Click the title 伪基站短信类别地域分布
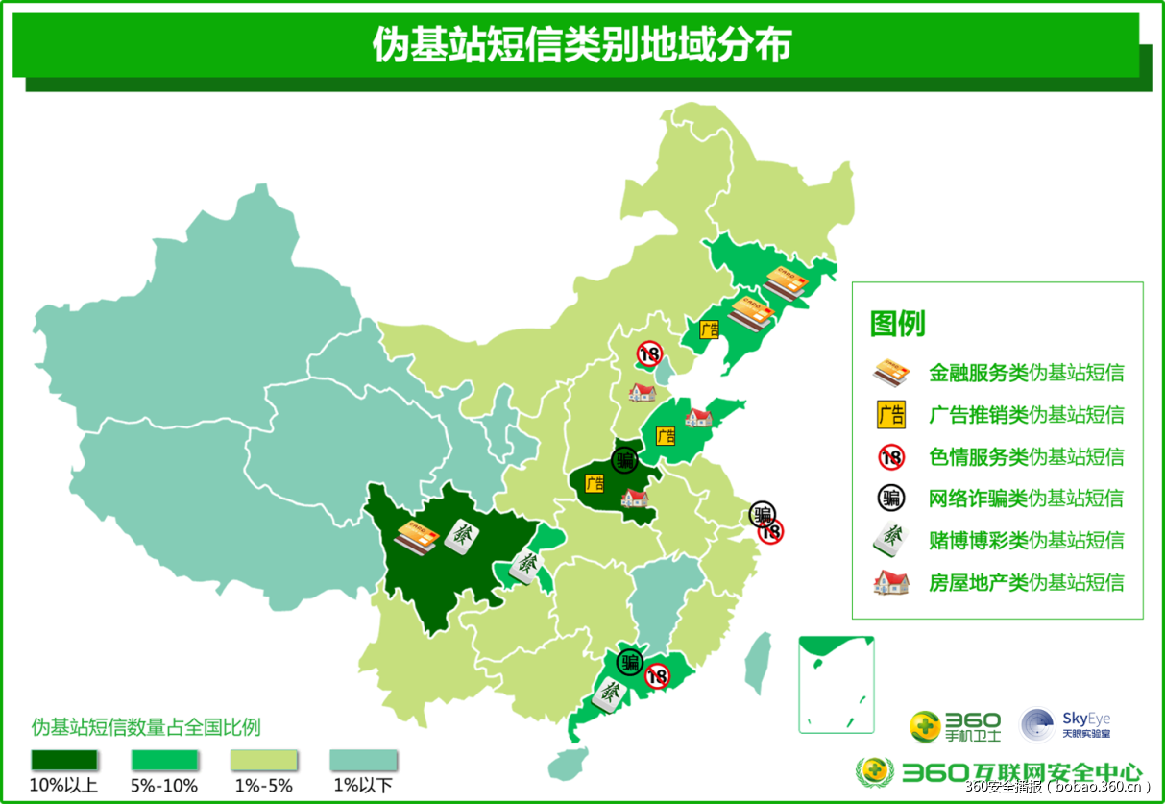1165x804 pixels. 581,45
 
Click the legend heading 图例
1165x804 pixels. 897,324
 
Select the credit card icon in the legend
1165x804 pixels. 890,373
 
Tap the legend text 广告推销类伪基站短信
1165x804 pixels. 1026,415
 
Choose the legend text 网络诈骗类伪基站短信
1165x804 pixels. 1026,499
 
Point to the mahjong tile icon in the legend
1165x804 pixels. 890,540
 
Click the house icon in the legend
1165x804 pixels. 890,582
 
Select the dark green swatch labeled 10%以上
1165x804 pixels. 63,760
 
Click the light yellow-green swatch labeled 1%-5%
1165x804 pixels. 263,760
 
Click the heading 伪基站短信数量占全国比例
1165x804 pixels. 146,725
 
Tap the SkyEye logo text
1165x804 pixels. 1085,719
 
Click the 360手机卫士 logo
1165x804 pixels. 956,726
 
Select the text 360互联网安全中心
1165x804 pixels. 1021,771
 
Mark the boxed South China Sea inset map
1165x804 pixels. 836,683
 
